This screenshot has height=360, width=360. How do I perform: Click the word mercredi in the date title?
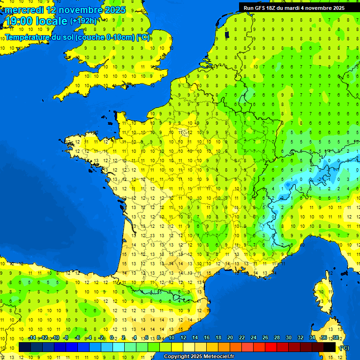click(x=23, y=10)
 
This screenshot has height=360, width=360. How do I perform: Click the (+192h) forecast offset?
click(x=83, y=21)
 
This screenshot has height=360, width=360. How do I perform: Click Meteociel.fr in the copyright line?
click(x=219, y=357)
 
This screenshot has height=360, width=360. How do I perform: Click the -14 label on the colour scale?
click(x=32, y=338)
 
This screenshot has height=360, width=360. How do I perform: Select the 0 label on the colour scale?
click(x=112, y=338)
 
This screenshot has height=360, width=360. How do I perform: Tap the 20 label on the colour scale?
click(x=230, y=338)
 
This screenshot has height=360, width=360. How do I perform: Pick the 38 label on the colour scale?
click(x=335, y=338)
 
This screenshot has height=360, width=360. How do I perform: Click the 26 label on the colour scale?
click(x=265, y=338)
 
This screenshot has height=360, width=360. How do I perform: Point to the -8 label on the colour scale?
click(x=66, y=338)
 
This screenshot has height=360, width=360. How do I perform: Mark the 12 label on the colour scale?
click(x=183, y=338)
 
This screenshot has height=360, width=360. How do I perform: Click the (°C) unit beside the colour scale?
click(x=344, y=348)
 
